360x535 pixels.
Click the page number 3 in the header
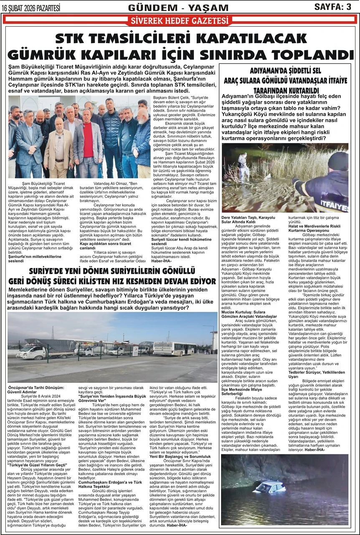[348, 7]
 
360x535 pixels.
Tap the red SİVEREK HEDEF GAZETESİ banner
[180, 20]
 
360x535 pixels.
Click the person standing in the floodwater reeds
[243, 165]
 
